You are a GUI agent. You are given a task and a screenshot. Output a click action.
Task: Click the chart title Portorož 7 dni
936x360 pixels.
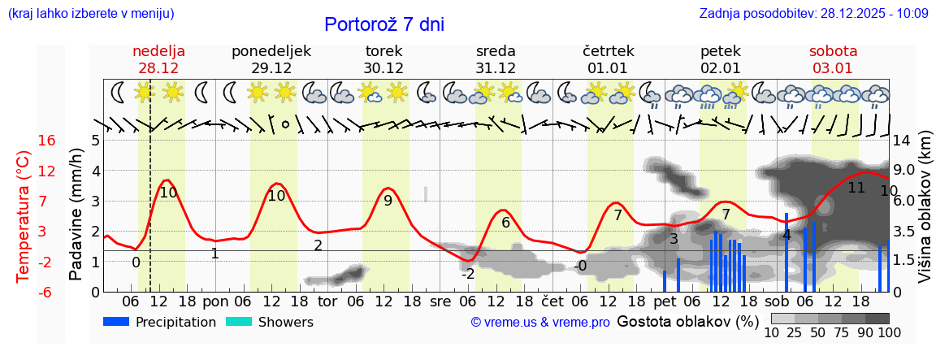(383, 24)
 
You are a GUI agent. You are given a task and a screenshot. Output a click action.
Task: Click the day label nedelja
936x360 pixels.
(159, 51)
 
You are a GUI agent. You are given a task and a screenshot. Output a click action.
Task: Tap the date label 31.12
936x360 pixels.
(496, 67)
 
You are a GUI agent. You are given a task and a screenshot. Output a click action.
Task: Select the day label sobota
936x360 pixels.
(833, 51)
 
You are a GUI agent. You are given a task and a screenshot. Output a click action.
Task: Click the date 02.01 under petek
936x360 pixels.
(720, 67)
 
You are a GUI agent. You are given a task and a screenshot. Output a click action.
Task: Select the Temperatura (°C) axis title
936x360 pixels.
(24, 216)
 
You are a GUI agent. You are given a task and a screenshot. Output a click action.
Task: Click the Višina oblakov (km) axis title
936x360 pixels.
(925, 215)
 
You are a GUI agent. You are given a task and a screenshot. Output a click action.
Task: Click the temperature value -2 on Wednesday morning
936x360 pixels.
(468, 274)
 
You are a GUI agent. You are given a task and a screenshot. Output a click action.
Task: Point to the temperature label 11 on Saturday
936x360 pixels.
(856, 188)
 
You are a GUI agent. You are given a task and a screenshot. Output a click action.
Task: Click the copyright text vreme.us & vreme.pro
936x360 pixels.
(540, 322)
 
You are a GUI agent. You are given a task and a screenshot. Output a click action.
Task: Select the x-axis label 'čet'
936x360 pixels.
(552, 300)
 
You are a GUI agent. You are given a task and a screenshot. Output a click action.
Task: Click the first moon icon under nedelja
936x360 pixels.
(119, 92)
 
